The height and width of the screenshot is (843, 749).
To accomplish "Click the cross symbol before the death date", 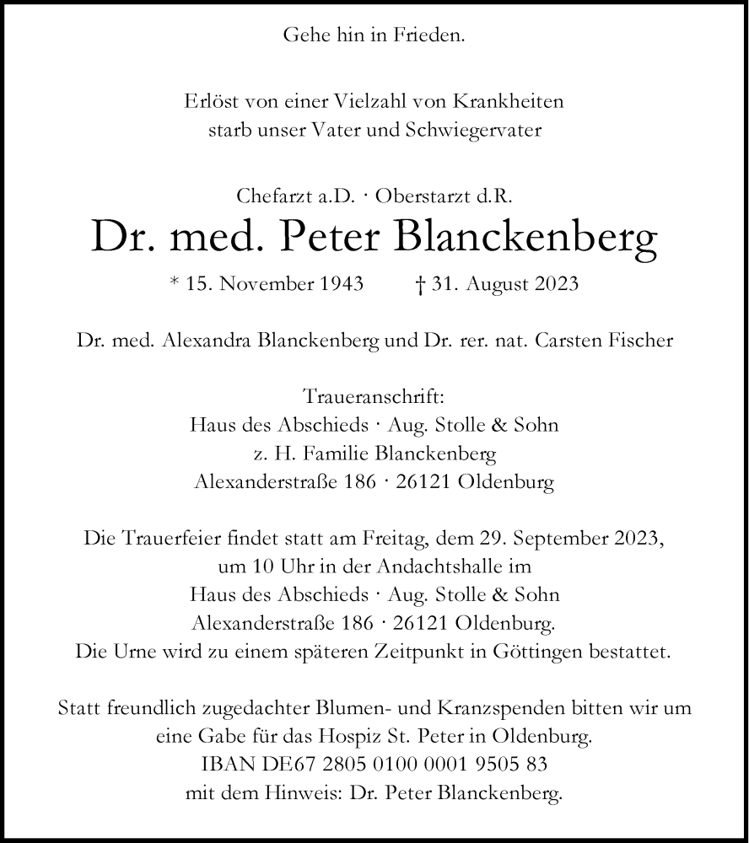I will (x=419, y=284).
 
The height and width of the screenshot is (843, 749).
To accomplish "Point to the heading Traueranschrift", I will (x=374, y=397).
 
